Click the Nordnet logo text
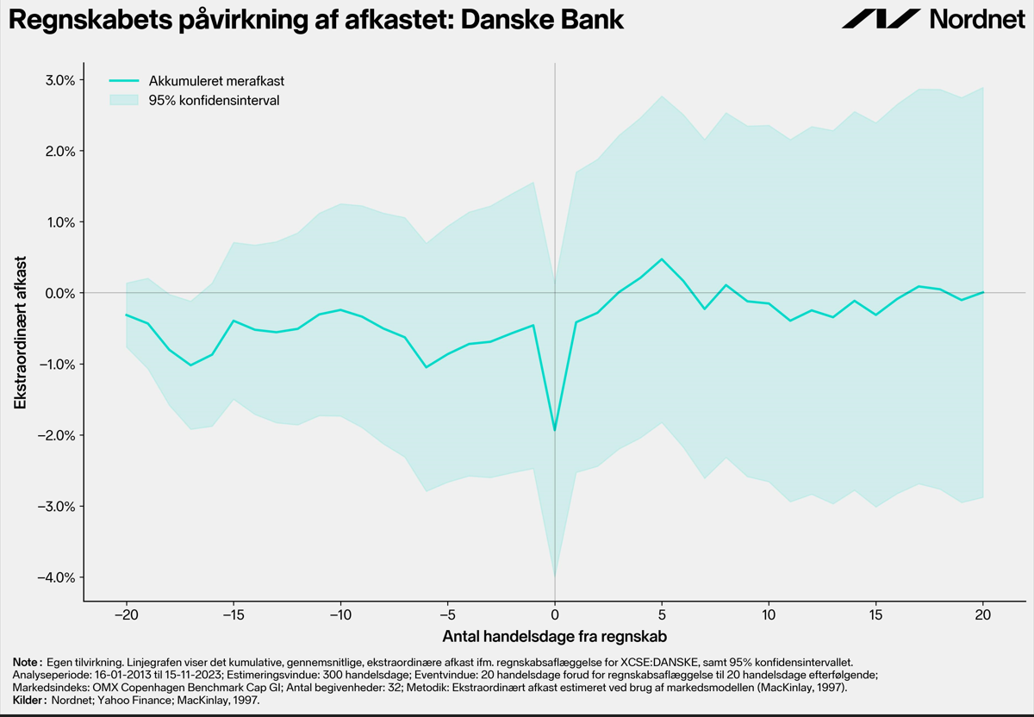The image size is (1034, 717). coord(977,20)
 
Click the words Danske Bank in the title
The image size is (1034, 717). coord(542,20)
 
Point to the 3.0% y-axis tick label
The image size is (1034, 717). coord(60,80)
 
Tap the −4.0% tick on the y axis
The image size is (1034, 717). coord(56,577)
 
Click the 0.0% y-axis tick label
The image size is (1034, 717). coord(60,293)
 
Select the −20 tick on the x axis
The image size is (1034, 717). coord(127,615)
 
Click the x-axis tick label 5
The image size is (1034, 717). coord(662,615)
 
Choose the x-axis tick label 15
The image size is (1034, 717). coord(875,615)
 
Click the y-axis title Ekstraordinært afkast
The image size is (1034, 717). coord(21,333)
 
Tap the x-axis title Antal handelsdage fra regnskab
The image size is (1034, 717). coord(554,637)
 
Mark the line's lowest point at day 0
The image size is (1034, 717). coord(555,430)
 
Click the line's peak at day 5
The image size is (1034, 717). coord(662,259)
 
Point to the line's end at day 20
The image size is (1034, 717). coord(983,292)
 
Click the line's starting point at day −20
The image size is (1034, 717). coord(127,315)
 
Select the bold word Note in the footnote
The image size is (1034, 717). coord(28,663)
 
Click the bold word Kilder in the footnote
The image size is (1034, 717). coord(29,701)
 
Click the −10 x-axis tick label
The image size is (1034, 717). coord(340,615)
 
